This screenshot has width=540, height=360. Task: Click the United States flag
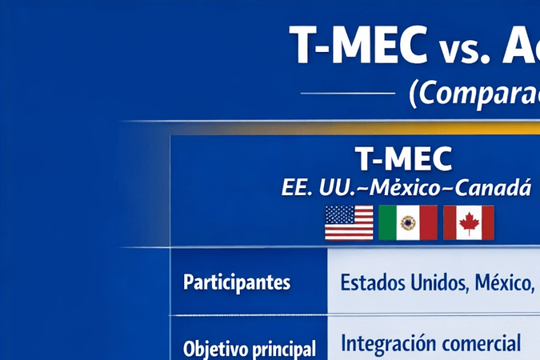349,222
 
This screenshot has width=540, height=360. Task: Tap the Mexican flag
408,222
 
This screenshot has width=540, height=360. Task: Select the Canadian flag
469,222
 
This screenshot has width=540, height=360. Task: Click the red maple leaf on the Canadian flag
469,223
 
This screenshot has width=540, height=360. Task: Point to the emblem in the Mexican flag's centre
408,223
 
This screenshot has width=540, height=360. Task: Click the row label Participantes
237,282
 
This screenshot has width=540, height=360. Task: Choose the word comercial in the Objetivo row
484,344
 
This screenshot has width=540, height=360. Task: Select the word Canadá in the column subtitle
500,188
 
